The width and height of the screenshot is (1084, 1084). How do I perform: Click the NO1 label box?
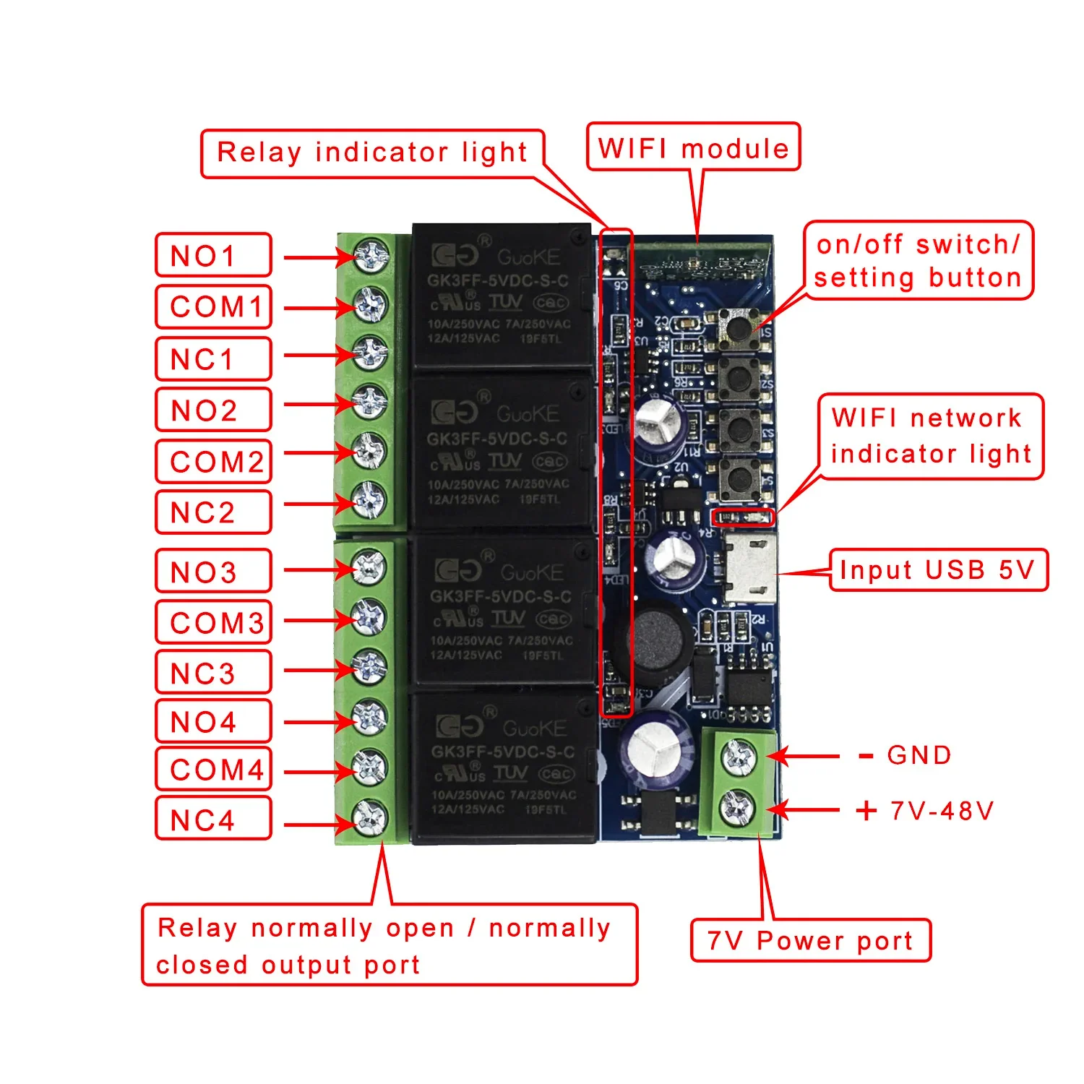click(213, 255)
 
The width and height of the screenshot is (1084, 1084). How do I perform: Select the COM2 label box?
click(213, 461)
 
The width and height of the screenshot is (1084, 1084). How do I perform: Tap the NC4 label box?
click(213, 819)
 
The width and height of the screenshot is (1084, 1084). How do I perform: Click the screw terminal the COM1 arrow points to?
click(370, 305)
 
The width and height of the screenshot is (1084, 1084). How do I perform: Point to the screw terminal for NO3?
click(369, 569)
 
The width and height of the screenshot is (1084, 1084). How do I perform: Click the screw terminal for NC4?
click(369, 819)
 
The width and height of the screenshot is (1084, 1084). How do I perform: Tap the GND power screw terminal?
click(739, 757)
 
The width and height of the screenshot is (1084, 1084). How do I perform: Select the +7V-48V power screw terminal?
click(737, 808)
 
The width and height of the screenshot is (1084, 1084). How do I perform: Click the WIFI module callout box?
click(693, 147)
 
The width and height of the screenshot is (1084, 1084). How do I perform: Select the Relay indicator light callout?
click(372, 153)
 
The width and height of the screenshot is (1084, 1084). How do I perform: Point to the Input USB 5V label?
click(938, 570)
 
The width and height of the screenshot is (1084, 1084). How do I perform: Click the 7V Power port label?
click(810, 941)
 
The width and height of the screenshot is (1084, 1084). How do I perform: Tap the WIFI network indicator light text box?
click(931, 436)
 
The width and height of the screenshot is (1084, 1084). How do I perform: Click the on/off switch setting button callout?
click(918, 261)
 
